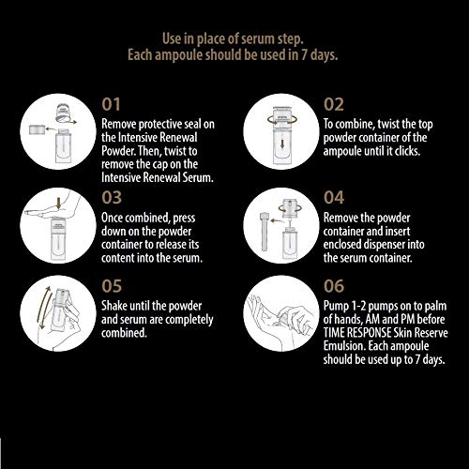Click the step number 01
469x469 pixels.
tap(111, 104)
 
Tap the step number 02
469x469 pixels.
tap(334, 104)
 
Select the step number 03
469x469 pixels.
tap(112, 198)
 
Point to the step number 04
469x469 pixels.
tap(334, 198)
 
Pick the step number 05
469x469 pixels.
tap(112, 286)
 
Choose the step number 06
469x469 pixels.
tap(334, 286)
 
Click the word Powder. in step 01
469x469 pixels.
tap(118, 151)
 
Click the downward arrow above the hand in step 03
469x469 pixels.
tap(59, 204)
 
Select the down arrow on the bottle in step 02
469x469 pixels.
tap(282, 144)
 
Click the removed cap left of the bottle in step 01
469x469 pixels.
tap(38, 129)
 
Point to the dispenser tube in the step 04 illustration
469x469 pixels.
tap(265, 232)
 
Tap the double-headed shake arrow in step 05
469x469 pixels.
tap(43, 308)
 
